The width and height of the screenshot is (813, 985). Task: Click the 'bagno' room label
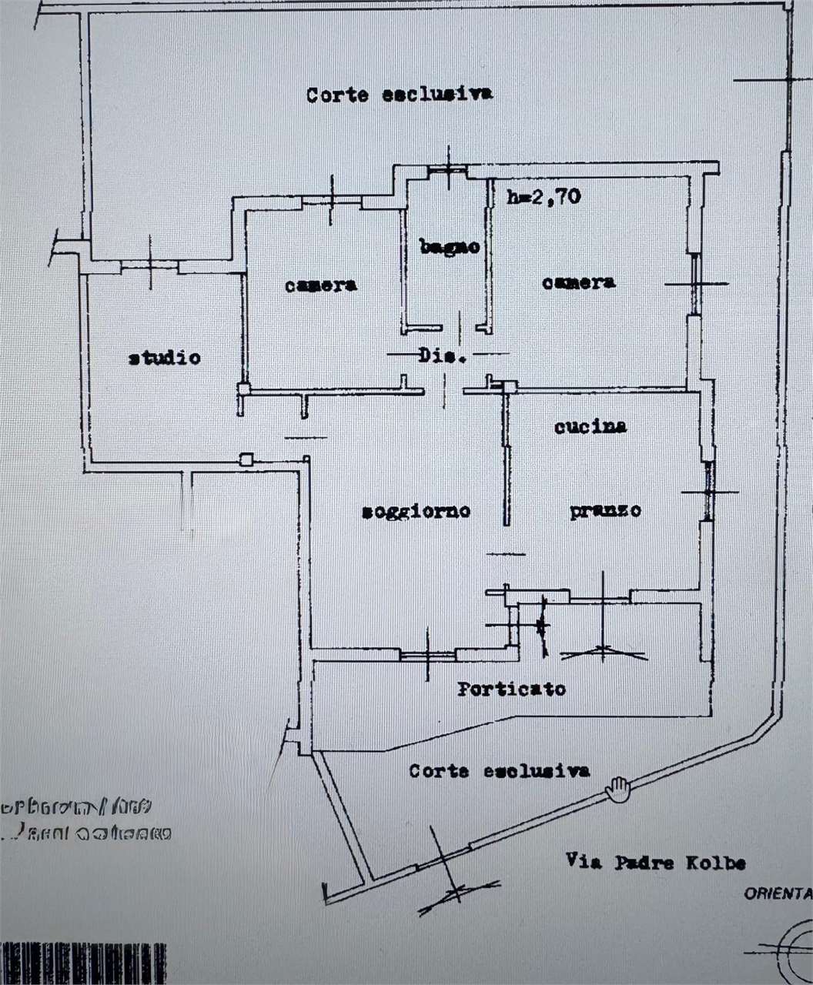(x=450, y=247)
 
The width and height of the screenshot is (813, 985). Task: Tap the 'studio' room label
(x=164, y=358)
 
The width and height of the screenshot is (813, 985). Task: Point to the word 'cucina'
(x=591, y=426)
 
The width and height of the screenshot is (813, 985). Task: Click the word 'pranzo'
(x=605, y=510)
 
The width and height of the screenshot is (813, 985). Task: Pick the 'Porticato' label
(x=511, y=689)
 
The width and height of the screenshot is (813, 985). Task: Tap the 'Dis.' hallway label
(x=443, y=356)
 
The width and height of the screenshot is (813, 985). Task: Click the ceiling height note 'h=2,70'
(x=544, y=196)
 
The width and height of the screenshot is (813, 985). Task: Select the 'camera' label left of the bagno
(x=320, y=285)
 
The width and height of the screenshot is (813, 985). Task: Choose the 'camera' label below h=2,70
(x=578, y=282)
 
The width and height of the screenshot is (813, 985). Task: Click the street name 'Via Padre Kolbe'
(x=655, y=862)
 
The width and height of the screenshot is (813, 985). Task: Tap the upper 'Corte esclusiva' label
(x=400, y=95)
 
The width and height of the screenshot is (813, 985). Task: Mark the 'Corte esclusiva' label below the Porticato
(x=500, y=770)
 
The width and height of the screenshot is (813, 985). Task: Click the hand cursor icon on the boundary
(x=617, y=789)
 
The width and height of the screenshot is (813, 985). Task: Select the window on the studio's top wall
(x=150, y=266)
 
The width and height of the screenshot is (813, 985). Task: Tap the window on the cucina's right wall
(x=708, y=491)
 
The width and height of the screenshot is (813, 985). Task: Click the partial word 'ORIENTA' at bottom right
(x=778, y=893)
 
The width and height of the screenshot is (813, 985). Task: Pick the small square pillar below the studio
(x=246, y=459)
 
